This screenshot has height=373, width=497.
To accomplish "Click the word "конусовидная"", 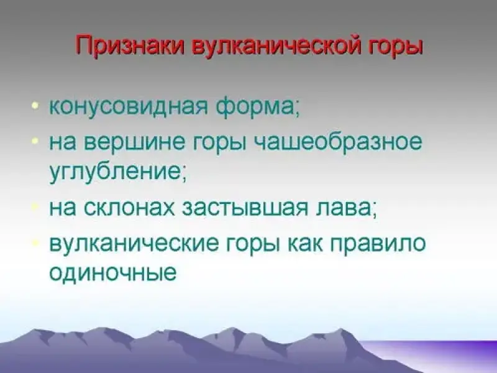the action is pos(129,107).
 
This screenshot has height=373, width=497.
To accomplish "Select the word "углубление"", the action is pos(116,174).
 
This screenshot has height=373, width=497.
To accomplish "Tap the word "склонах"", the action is pos(130,208).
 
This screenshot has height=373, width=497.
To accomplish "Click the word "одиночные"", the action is pos(112,274).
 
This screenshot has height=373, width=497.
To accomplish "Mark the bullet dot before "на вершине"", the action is pos(35,139).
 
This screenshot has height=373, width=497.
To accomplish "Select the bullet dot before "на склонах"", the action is pos(35,207).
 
